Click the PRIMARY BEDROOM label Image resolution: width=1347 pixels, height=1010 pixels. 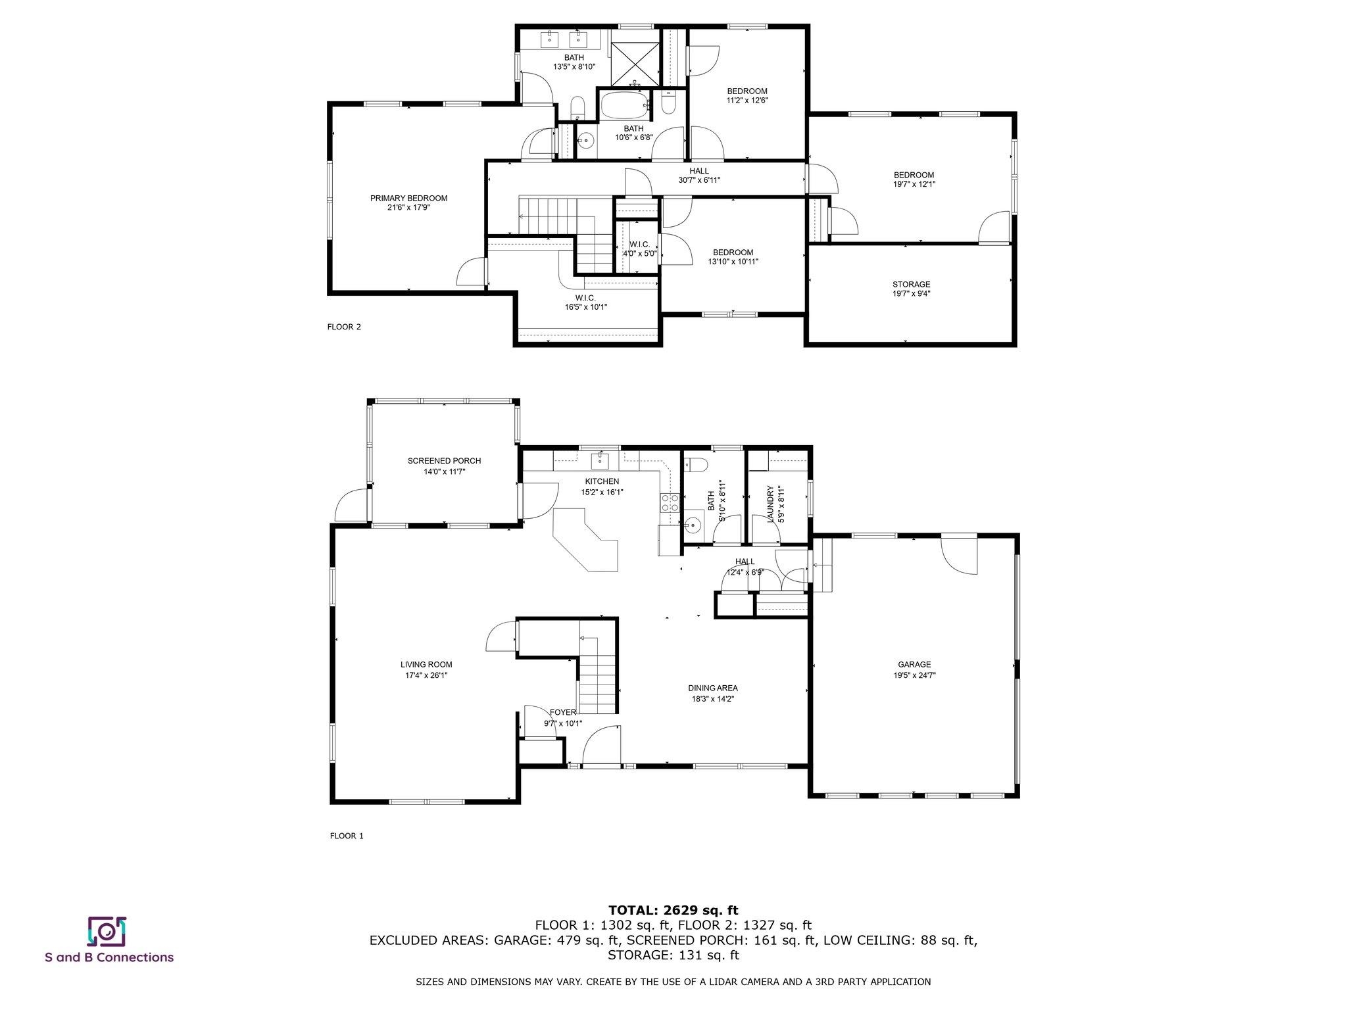[x=408, y=198]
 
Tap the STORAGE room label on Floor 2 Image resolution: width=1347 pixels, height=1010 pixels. [x=911, y=285]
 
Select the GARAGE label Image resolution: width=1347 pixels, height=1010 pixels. [x=914, y=665]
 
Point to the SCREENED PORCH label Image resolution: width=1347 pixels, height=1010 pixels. [x=444, y=461]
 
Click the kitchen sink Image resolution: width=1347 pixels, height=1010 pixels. [x=600, y=458]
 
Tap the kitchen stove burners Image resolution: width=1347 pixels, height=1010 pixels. [x=670, y=503]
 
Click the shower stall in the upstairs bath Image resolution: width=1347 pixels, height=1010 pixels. [x=635, y=63]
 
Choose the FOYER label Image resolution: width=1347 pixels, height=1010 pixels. [x=563, y=712]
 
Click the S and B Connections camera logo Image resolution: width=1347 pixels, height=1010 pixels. [x=107, y=932]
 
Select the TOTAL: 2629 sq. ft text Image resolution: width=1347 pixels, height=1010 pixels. [x=673, y=911]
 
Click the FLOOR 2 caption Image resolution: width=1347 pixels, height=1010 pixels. [x=344, y=327]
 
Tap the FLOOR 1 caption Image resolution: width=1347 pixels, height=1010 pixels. [x=347, y=836]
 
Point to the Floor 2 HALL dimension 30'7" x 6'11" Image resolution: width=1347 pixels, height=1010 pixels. [x=698, y=180]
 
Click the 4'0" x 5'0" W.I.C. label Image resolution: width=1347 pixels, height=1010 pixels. [x=640, y=253]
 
